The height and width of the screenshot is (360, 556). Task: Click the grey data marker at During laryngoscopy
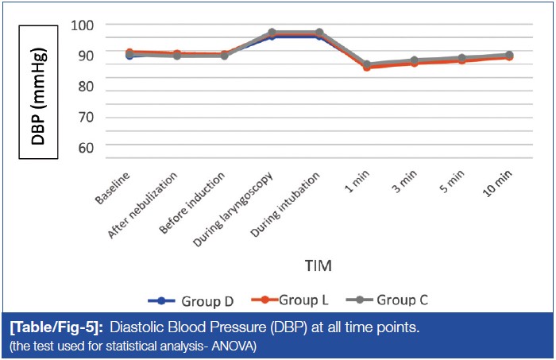[x=272, y=33]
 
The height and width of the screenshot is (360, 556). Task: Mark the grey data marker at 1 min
[x=366, y=65]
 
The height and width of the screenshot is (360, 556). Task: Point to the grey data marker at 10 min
[x=508, y=56]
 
